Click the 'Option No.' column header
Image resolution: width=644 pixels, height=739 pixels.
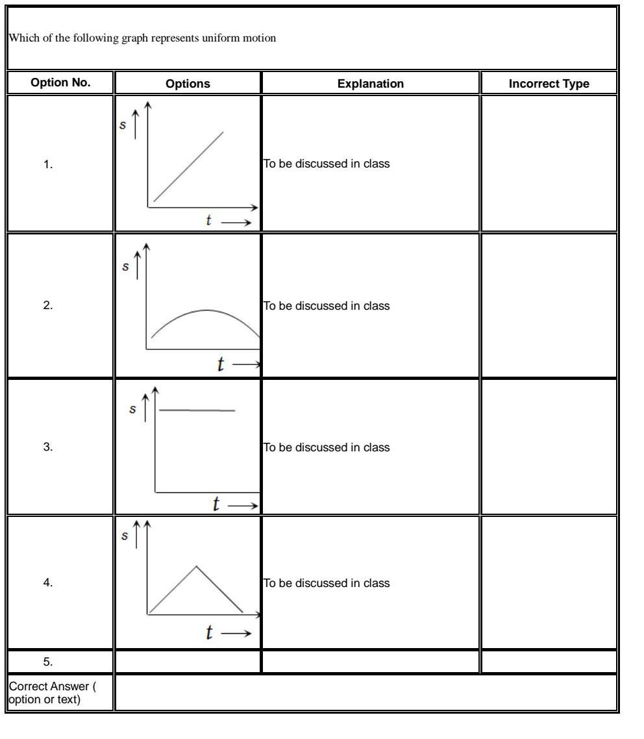pyautogui.click(x=60, y=84)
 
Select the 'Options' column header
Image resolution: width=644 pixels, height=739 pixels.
pyautogui.click(x=188, y=84)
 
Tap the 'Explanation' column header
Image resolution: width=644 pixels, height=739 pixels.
pyautogui.click(x=370, y=84)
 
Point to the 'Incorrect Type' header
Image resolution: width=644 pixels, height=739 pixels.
pyautogui.click(x=549, y=84)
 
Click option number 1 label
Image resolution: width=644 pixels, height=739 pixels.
pyautogui.click(x=48, y=165)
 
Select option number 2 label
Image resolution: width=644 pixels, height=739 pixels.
pyautogui.click(x=48, y=306)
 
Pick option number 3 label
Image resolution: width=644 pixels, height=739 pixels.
pyautogui.click(x=48, y=447)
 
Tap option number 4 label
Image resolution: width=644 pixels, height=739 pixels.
pyautogui.click(x=48, y=583)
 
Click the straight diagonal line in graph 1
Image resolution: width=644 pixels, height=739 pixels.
pyautogui.click(x=188, y=167)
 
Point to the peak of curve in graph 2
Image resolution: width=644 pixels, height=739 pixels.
pyautogui.click(x=208, y=310)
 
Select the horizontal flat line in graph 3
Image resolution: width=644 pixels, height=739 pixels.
pyautogui.click(x=197, y=410)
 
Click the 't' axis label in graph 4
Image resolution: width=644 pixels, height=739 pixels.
pyautogui.click(x=209, y=633)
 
